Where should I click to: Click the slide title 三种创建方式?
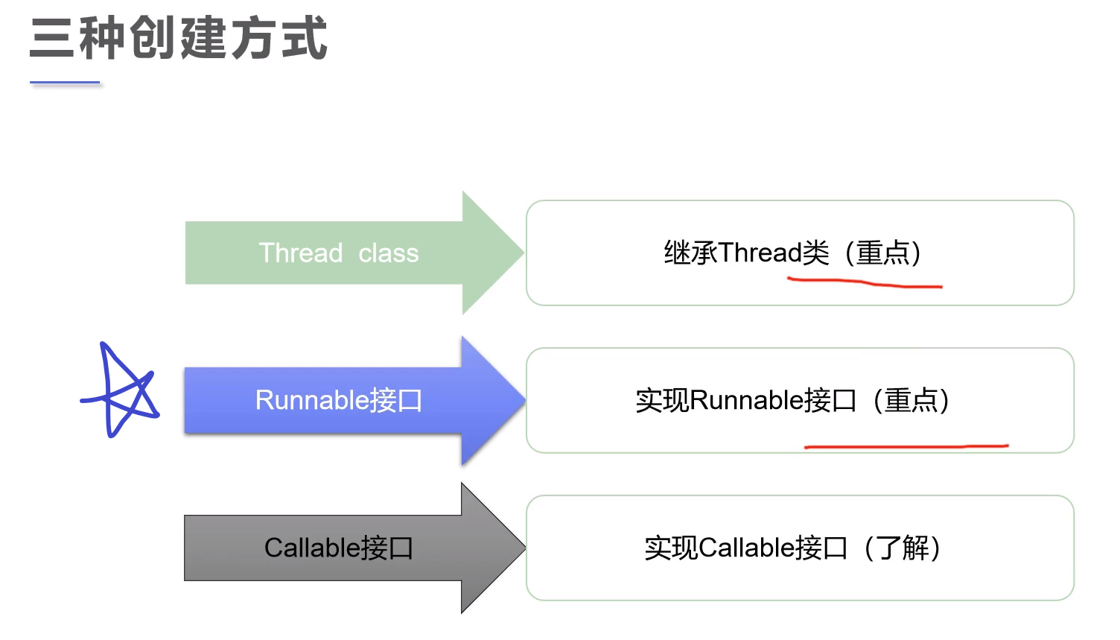pyautogui.click(x=179, y=39)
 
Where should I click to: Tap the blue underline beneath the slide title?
pyautogui.click(x=65, y=83)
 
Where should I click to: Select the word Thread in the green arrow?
pyautogui.click(x=300, y=253)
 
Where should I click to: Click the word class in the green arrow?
pyautogui.click(x=388, y=253)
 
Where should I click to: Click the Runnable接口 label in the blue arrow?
pyautogui.click(x=338, y=400)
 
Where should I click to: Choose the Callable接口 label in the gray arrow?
pyautogui.click(x=338, y=548)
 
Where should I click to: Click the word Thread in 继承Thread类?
pyautogui.click(x=760, y=253)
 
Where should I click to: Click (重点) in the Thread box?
pyautogui.click(x=883, y=253)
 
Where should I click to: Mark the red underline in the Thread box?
pyautogui.click(x=864, y=282)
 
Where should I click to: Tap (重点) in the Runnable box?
pyautogui.click(x=911, y=400)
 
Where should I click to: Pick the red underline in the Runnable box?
pyautogui.click(x=906, y=446)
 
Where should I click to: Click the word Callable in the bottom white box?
pyautogui.click(x=746, y=548)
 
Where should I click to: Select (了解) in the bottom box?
pyautogui.click(x=902, y=548)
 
